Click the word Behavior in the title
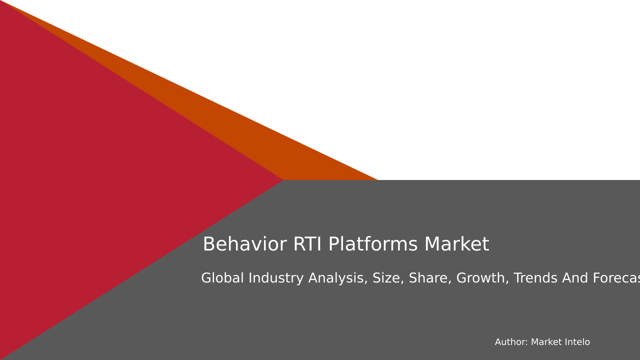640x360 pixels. coord(244,244)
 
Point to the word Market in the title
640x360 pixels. coord(456,244)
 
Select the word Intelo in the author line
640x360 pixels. coord(577,342)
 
